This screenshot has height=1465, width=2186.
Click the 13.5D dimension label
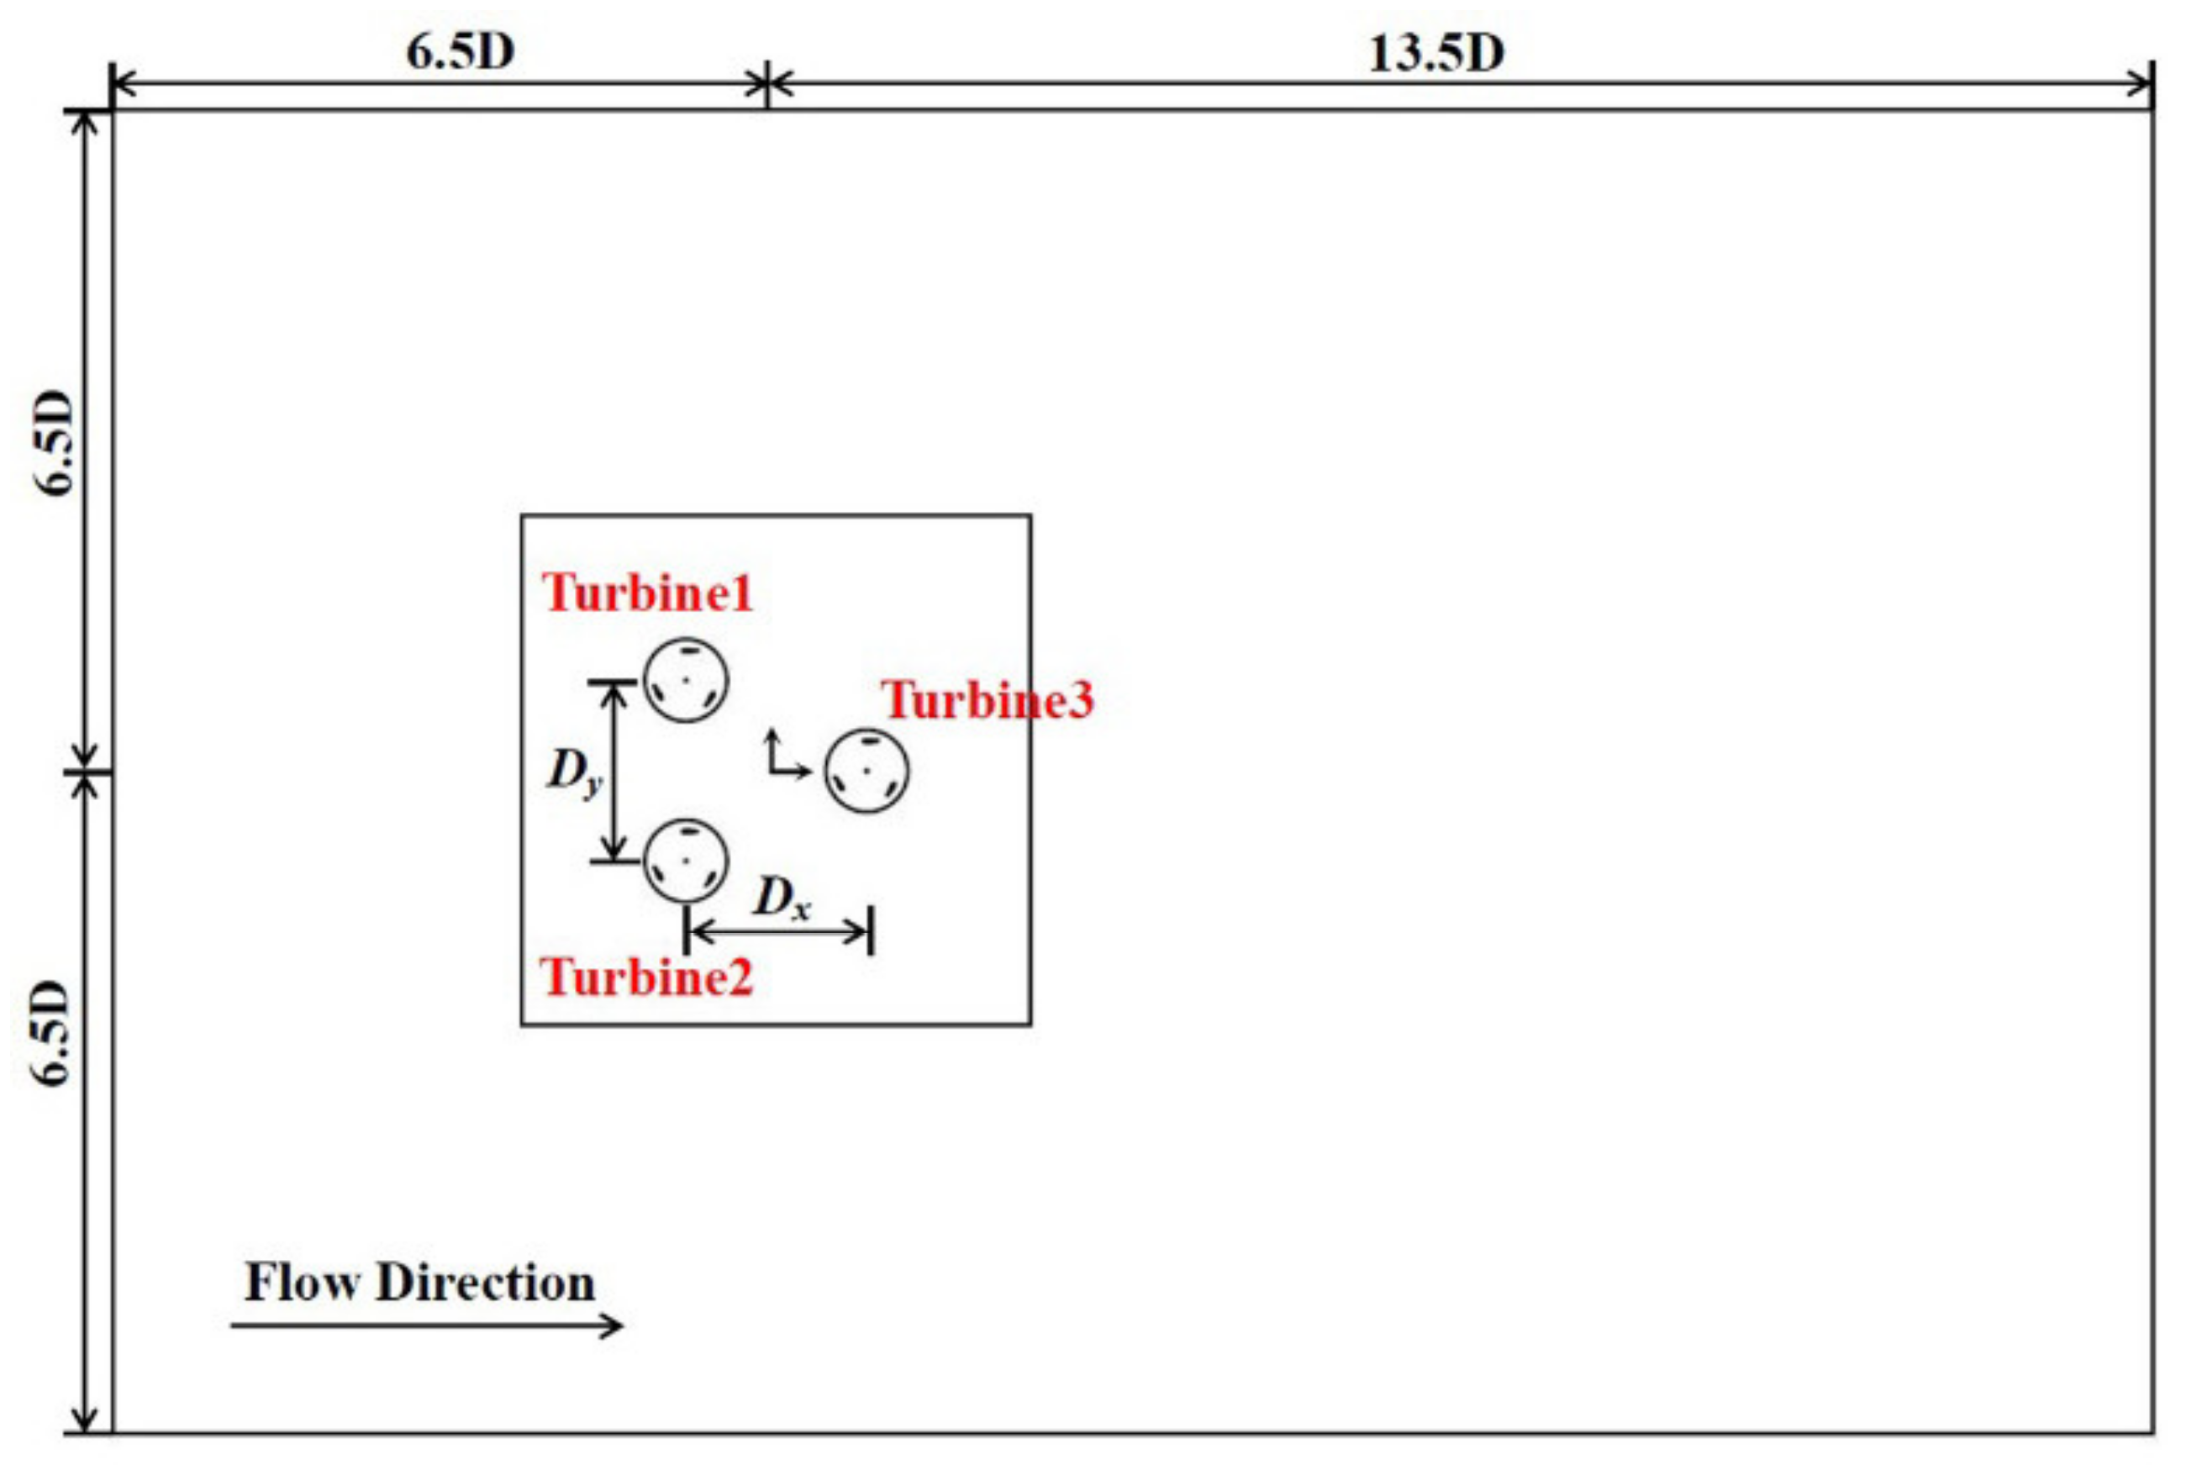[1435, 53]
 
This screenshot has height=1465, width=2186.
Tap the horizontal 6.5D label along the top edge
[460, 51]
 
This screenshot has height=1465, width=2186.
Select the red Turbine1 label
[647, 593]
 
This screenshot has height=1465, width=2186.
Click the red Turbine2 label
[646, 978]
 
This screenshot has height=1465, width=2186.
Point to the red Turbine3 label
[988, 701]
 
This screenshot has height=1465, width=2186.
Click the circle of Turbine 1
[686, 680]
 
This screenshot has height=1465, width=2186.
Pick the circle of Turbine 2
[686, 861]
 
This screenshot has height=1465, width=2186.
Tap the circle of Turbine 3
[866, 771]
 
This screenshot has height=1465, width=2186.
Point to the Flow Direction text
[419, 1283]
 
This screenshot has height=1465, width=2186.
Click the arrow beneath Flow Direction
[426, 1325]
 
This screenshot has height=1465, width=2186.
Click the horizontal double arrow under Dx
[779, 930]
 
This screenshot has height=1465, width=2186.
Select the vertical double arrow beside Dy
[613, 771]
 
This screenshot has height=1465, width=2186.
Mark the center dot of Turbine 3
[867, 771]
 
